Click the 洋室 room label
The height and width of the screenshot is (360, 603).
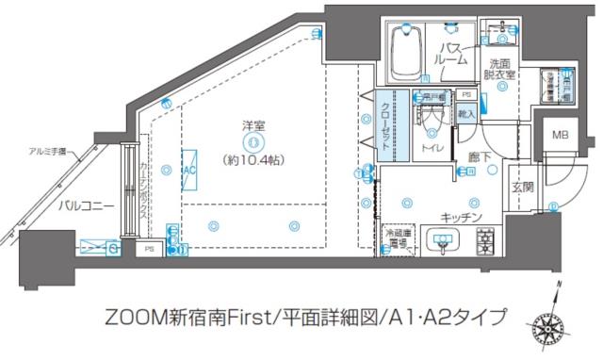tap(252, 126)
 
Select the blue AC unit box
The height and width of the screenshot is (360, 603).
tap(187, 169)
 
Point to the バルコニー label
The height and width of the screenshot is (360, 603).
tap(84, 205)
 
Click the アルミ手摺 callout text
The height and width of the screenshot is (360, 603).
tap(47, 153)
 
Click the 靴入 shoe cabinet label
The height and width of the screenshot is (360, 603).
tap(465, 112)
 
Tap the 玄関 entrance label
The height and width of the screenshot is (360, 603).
tap(522, 186)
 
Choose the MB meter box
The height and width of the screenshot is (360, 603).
tap(561, 136)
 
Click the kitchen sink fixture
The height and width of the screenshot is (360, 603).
tap(444, 242)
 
